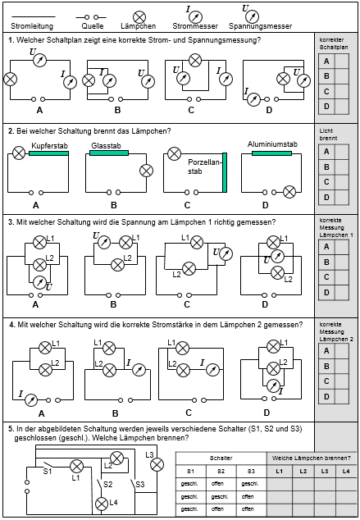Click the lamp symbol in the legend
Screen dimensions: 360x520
(139, 17)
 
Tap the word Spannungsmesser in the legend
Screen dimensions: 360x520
(260, 26)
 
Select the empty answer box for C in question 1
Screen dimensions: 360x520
(342, 92)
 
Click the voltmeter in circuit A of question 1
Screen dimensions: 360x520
(40, 61)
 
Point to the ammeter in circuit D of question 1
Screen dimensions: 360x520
(254, 99)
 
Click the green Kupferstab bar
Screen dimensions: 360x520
(48, 153)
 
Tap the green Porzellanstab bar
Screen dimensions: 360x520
(225, 172)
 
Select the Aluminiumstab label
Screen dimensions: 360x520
(272, 144)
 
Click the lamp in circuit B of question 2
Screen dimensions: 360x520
(146, 171)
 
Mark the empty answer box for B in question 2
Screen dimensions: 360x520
(342, 167)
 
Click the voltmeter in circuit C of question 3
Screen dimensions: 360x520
(226, 253)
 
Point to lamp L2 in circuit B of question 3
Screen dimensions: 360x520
(117, 265)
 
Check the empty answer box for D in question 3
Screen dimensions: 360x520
(342, 293)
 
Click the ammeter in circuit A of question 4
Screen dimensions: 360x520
(31, 400)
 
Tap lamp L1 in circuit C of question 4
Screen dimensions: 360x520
(182, 349)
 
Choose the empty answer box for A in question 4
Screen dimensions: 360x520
(342, 351)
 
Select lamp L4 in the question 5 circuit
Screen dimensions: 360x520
(102, 504)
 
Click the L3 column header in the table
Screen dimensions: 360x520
(325, 472)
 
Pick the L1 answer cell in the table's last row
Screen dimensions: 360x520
(280, 509)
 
